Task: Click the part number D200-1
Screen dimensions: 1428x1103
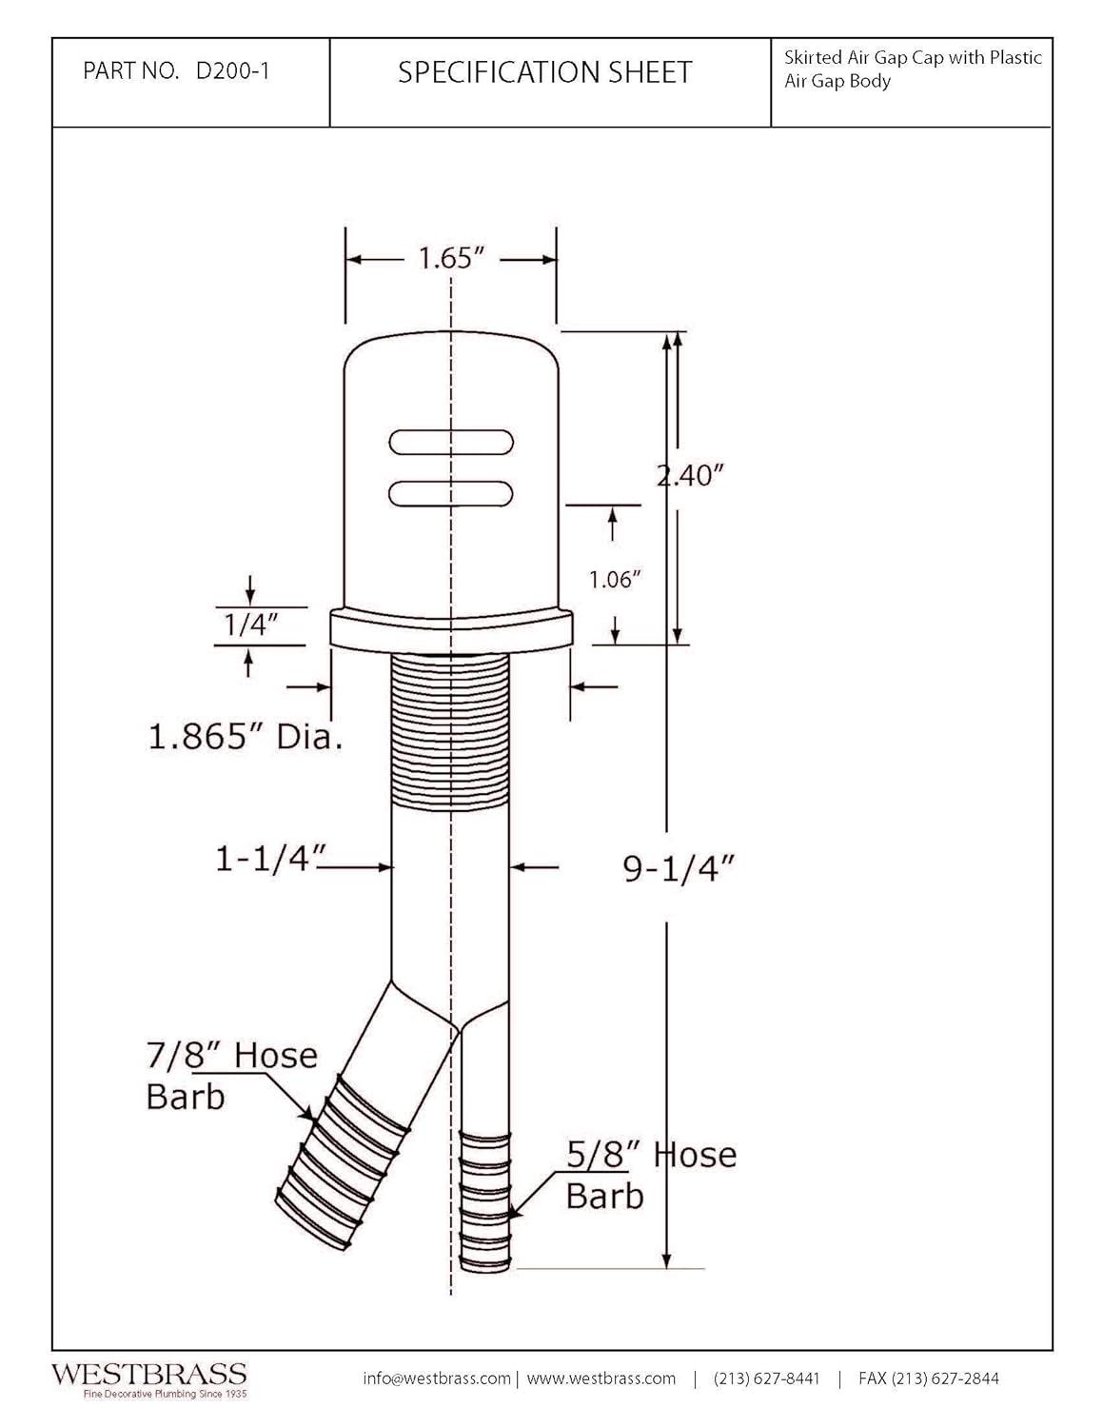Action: [x=231, y=71]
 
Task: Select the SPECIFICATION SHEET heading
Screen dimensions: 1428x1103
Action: [x=544, y=72]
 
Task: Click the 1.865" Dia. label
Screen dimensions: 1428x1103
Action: [x=245, y=736]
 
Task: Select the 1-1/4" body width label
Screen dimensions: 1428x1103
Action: [x=264, y=860]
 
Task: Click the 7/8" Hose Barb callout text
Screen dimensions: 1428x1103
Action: [x=231, y=1075]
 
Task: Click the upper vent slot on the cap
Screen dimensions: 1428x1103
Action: [x=452, y=443]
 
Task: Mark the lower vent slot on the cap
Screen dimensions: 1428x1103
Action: [x=452, y=492]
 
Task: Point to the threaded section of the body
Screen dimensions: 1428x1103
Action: [x=450, y=733]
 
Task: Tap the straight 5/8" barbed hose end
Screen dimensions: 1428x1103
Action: [x=485, y=1200]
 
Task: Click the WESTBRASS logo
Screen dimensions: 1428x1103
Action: [x=148, y=1374]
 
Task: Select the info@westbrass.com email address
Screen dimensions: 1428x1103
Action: [x=437, y=1378]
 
